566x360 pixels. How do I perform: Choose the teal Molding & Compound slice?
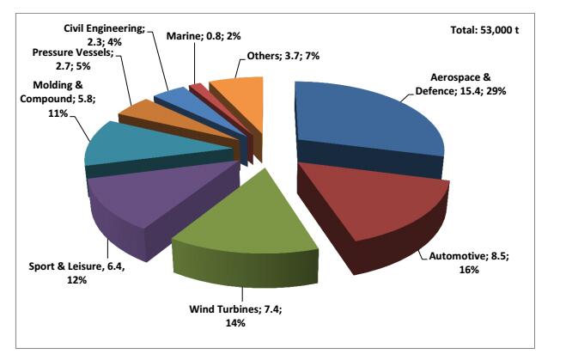[129, 146]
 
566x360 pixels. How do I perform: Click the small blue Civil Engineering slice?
[170, 97]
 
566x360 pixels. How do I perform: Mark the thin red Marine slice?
[197, 88]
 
